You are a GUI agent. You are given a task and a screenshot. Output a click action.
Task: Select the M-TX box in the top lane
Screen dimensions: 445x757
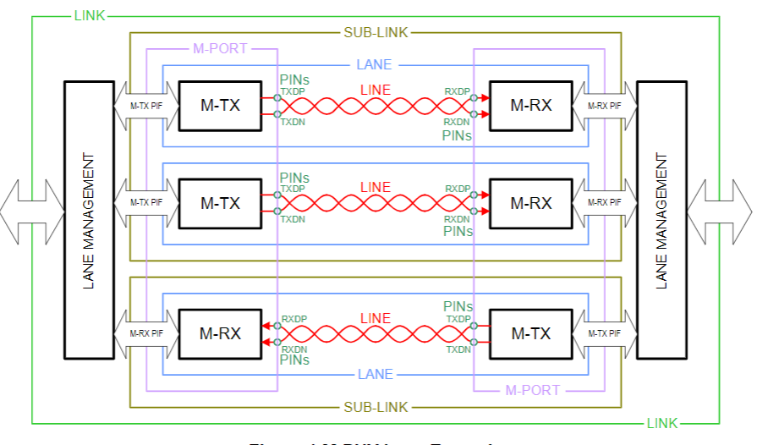pos(220,106)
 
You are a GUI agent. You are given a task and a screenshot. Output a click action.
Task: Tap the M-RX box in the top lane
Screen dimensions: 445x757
pos(531,106)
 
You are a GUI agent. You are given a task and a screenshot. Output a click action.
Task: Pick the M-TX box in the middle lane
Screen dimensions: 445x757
pos(220,204)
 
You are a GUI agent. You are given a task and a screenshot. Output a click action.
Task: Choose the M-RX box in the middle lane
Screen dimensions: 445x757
pos(531,204)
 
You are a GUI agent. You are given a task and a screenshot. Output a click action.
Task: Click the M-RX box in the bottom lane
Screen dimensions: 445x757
pos(220,333)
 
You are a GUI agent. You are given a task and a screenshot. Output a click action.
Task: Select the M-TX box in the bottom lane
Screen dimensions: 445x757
pos(531,333)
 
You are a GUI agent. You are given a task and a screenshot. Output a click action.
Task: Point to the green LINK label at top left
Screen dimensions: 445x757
pos(91,15)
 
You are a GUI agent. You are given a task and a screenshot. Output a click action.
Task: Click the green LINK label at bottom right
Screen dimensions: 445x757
pos(662,423)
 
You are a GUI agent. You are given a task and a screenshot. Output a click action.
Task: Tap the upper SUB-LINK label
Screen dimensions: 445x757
pos(376,33)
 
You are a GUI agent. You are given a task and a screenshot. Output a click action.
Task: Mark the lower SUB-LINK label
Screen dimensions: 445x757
pos(376,408)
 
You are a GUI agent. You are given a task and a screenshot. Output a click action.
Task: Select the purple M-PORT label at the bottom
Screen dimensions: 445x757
pos(533,391)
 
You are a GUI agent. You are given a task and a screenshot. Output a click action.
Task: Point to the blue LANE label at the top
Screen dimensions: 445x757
pos(375,65)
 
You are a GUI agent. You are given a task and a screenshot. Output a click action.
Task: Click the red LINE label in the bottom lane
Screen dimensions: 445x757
pos(375,319)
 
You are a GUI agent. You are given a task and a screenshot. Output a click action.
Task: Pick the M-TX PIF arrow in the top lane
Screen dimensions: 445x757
pos(146,106)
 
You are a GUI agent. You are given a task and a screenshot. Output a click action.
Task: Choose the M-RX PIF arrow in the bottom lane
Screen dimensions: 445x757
pos(146,333)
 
